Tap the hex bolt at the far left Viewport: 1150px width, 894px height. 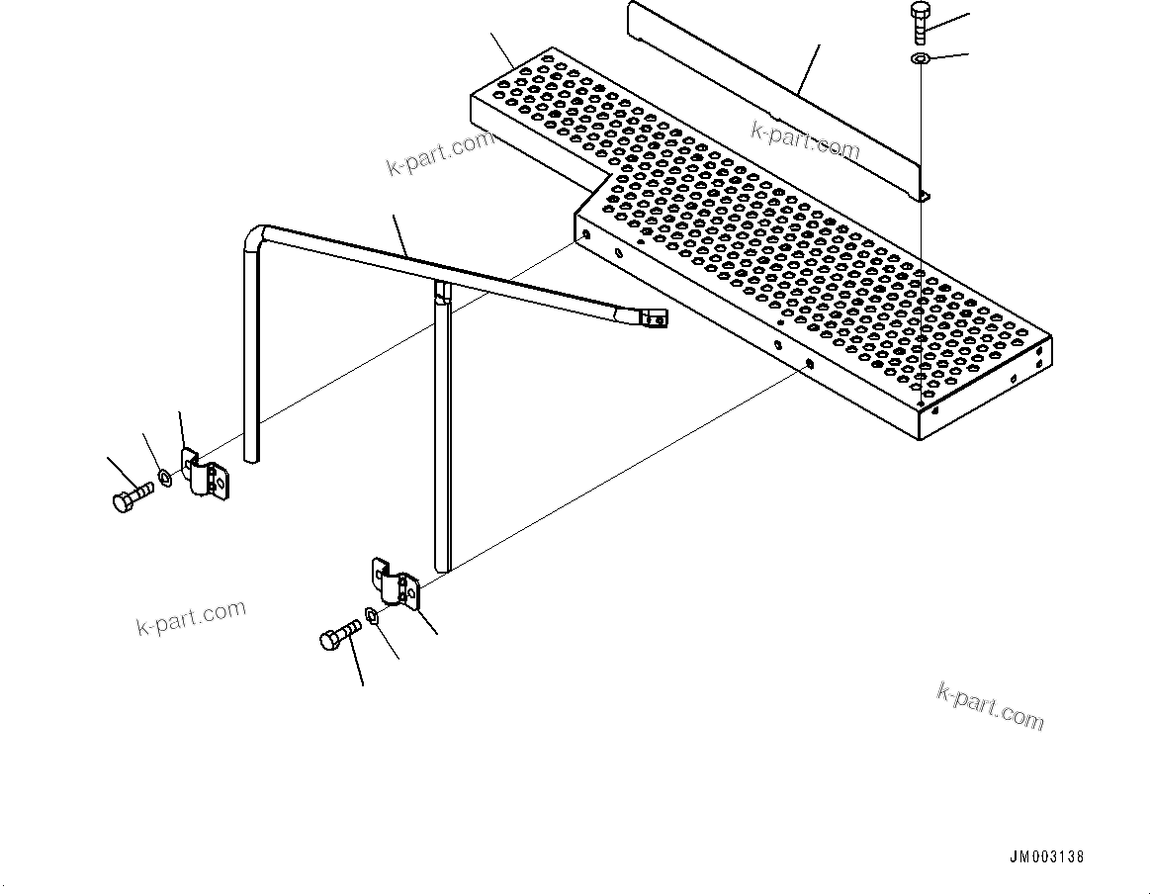[129, 494]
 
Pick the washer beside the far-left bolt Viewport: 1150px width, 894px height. [165, 481]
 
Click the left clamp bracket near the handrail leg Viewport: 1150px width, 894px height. [208, 475]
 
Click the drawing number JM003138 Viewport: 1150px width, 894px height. [1047, 858]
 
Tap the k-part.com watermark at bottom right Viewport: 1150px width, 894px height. [990, 705]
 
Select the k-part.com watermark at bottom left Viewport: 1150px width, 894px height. [190, 617]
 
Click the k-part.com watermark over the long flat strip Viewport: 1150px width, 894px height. [804, 139]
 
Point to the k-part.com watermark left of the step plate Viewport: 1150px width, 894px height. [438, 152]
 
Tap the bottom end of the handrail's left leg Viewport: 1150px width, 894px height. [251, 459]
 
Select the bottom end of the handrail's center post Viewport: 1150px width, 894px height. [442, 568]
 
